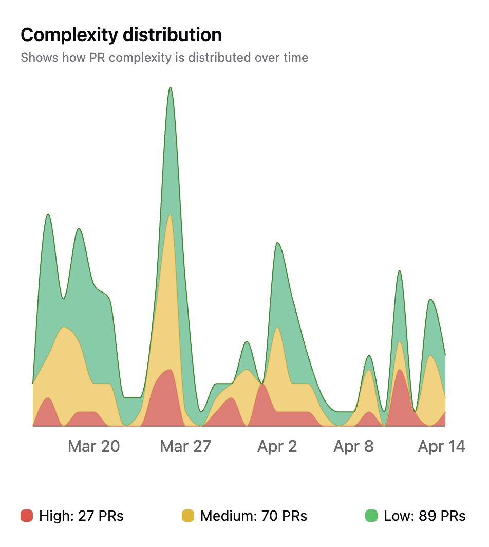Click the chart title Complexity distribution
coord(121,35)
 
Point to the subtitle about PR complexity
coord(164,57)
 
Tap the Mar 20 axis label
coord(93,446)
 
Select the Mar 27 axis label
coord(185,446)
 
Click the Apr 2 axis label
coord(277,446)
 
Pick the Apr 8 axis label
coord(353,446)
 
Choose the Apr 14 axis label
coord(441,446)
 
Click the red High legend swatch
coord(27,516)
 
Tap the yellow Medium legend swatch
coord(188,516)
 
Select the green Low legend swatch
coord(371,516)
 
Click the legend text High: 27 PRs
coord(81,516)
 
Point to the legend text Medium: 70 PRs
coord(254,516)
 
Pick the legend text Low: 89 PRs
coord(425,516)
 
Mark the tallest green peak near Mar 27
coord(170,88)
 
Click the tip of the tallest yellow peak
coord(170,215)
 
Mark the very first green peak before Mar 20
coord(48,214)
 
